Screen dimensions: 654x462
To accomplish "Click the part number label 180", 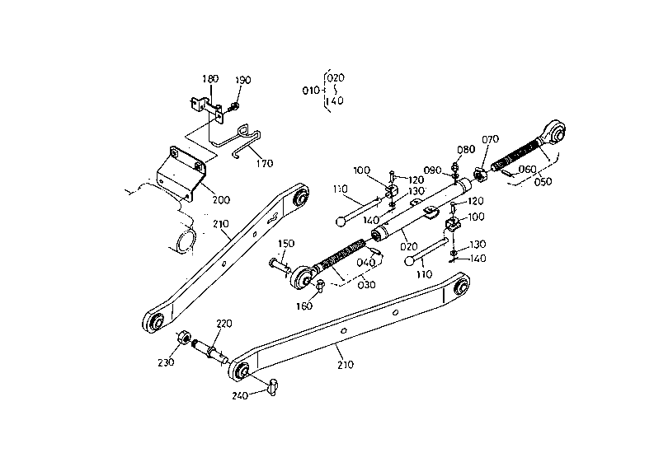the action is [210, 79].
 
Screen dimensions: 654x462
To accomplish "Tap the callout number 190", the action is [242, 80].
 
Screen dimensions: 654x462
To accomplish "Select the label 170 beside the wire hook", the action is [265, 163].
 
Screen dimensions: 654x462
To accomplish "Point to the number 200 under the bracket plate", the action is [221, 200].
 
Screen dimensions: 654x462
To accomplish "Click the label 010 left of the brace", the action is [311, 91].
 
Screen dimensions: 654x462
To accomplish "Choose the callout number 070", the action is [490, 139].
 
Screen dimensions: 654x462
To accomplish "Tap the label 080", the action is [466, 150].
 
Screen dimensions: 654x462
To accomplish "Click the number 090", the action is [432, 170].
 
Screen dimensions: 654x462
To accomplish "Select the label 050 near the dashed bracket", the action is [543, 182].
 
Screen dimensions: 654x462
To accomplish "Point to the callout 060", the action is [527, 170].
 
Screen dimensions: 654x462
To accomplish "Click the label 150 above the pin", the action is [285, 244].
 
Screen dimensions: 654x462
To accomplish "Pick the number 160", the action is [304, 306].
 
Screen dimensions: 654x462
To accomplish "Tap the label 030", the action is [367, 285].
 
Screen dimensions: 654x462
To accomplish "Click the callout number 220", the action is [224, 324].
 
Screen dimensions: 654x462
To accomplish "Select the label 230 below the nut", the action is [166, 363].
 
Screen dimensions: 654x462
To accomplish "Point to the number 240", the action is [240, 396].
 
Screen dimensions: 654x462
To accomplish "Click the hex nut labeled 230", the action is [184, 337].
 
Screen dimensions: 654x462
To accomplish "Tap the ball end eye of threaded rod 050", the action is [554, 131].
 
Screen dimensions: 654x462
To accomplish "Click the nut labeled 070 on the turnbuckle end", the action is [480, 175].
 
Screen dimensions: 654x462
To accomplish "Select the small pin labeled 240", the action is [272, 386].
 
